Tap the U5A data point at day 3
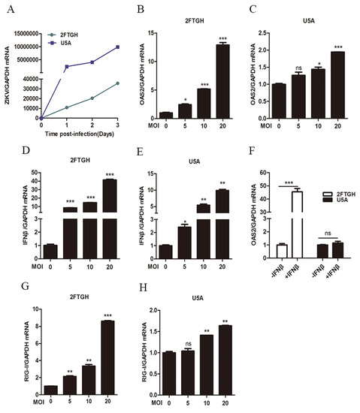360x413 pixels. coord(117,47)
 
